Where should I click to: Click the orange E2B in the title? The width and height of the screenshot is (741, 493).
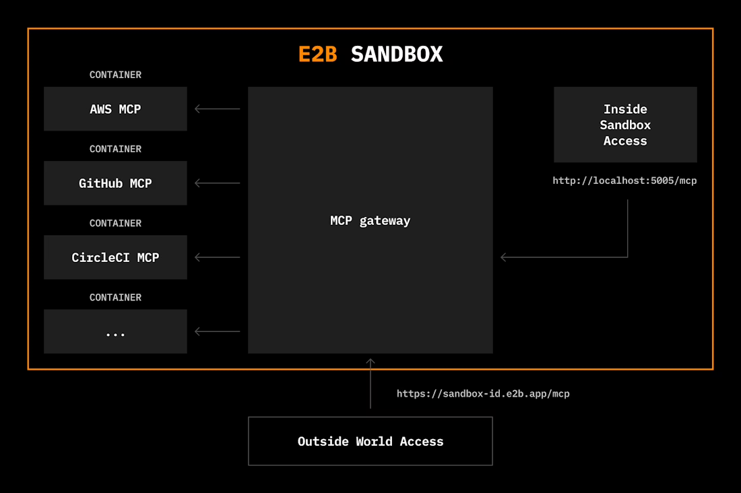coord(317,54)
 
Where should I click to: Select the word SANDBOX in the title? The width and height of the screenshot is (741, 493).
coord(397,54)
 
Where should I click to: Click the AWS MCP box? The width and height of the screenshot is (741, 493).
coord(115,109)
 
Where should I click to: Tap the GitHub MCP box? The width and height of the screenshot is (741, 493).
coord(115,183)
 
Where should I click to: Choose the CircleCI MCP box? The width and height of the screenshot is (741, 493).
coord(115,257)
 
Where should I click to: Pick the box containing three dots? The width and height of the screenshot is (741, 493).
coord(115,331)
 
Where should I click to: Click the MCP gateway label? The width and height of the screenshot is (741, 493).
coord(370,221)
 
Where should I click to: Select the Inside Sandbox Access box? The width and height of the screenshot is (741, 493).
coord(625,125)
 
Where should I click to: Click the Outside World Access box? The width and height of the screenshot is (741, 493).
coord(370,441)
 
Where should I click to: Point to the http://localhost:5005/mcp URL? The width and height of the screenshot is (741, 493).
coord(624,180)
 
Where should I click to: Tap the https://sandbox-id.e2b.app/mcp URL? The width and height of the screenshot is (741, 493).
coord(483,393)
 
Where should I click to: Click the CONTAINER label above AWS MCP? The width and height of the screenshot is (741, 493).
coord(115,75)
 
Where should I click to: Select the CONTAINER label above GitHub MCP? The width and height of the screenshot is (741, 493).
coord(115,149)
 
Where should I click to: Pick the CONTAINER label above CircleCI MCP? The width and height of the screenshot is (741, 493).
coord(115,223)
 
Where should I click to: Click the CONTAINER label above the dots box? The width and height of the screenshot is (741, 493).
coord(115,297)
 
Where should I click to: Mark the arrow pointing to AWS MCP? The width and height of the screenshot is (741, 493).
coord(217,109)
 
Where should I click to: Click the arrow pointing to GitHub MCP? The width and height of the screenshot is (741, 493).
coord(217,183)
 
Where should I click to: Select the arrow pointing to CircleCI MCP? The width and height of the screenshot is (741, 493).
coord(217,257)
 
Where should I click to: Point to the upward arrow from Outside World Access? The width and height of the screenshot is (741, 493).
coord(370,384)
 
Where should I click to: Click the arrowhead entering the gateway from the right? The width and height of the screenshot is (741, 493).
coord(505,257)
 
